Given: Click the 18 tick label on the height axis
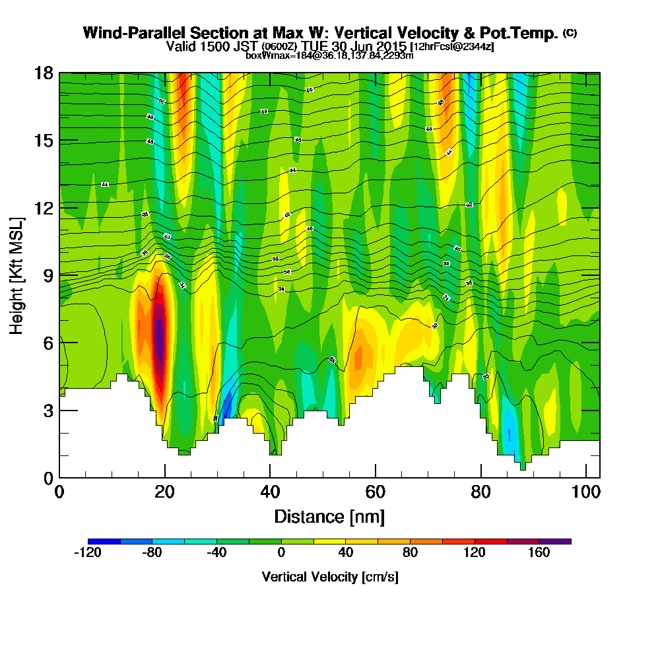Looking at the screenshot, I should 44,73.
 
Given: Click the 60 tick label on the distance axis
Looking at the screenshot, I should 375,492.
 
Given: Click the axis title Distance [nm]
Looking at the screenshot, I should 329,516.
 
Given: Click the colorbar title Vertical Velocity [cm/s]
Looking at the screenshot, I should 329,577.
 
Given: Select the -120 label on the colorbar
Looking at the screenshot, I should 87,553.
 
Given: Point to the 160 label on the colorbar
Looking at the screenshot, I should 539,553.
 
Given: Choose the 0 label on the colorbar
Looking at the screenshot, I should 281,553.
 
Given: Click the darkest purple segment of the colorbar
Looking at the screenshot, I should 555,541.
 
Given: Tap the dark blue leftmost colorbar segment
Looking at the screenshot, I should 104,541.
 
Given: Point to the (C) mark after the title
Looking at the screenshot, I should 570,33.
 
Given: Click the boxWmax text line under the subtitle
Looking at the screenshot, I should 329,55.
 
